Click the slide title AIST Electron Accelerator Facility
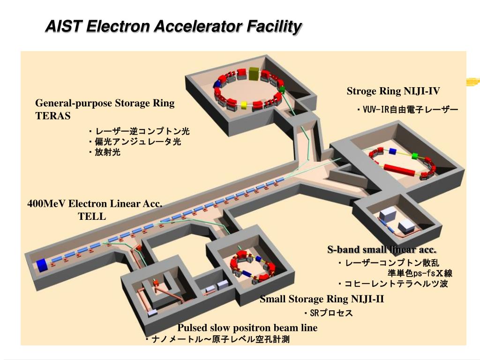[x=173, y=27]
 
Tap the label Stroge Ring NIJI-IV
[x=393, y=91]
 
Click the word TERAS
[x=53, y=116]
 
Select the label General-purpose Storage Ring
[x=105, y=103]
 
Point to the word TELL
[x=92, y=216]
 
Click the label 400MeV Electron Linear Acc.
[x=95, y=204]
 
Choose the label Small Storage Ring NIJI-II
[x=322, y=299]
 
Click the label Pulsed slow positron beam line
[x=247, y=328]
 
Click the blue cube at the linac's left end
[x=42, y=265]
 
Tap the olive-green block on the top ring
[x=254, y=73]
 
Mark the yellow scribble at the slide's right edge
[x=473, y=82]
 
